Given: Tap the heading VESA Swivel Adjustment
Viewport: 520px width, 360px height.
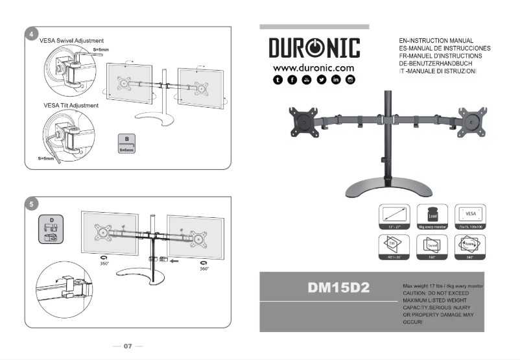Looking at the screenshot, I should point(71,41).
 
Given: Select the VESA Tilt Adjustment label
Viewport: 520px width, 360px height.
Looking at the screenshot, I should point(71,105).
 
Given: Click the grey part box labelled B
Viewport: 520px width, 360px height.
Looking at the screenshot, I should point(127,143).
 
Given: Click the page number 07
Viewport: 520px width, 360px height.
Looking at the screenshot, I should point(128,346).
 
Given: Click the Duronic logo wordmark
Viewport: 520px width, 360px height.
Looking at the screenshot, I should point(314,49).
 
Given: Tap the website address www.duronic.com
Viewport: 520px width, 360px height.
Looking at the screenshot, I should point(314,67).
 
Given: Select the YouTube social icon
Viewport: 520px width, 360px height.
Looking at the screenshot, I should point(322,80).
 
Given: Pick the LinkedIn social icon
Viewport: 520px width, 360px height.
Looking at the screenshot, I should point(336,80).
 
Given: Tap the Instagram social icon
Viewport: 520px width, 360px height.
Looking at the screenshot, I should point(351,80).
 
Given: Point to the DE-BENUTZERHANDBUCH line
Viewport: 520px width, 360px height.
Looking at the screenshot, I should point(436,64).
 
